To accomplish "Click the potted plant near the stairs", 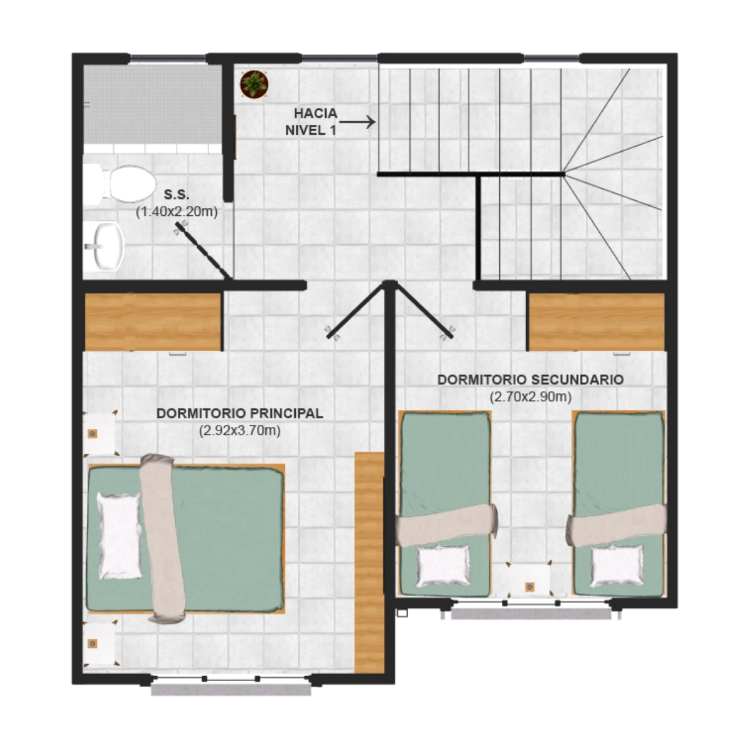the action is [x=254, y=84].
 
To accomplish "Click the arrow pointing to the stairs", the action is [x=357, y=122].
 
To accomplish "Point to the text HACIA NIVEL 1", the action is [x=311, y=122].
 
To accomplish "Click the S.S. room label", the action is [x=177, y=194].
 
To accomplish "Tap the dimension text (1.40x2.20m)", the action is [x=177, y=212].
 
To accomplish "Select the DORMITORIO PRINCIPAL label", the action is [x=240, y=414].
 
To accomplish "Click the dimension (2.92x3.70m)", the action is [x=240, y=431].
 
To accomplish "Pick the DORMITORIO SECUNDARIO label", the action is [x=531, y=379].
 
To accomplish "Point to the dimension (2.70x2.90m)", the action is [x=531, y=397].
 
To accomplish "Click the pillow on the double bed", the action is [x=119, y=536].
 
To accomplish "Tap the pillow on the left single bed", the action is [x=443, y=566].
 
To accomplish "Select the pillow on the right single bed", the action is [x=617, y=566].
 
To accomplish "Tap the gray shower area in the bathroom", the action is [x=153, y=104].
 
